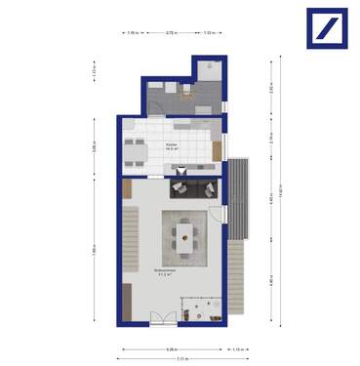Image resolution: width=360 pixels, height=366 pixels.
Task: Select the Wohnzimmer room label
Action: coord(163,273)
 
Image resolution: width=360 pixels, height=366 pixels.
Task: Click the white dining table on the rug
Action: coord(184,232)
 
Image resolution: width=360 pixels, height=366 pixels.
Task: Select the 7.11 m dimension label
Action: coord(170,360)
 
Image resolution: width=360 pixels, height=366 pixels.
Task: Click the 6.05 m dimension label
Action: coord(170,348)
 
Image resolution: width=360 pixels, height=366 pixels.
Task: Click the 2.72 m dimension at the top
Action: coord(172,34)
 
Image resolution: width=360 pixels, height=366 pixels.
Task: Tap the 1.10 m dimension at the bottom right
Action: coord(238,348)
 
